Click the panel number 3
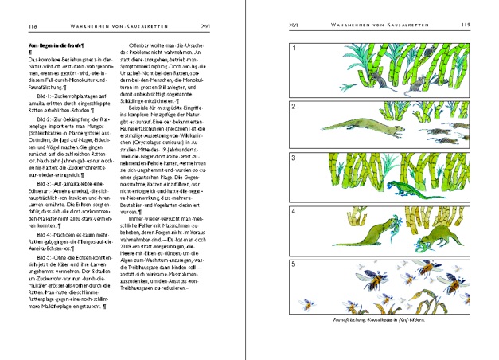click(294, 158)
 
